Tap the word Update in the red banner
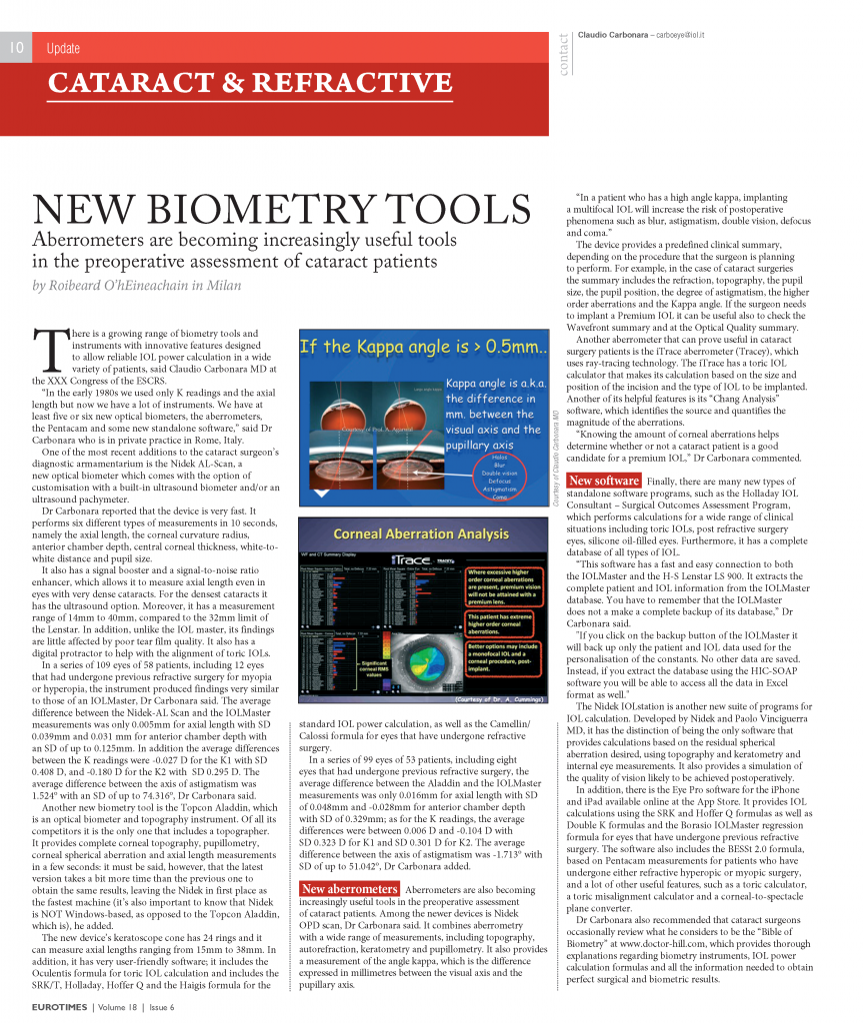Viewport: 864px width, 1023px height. (63, 49)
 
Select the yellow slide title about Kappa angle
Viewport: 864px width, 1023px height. (425, 348)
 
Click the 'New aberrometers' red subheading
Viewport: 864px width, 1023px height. (350, 889)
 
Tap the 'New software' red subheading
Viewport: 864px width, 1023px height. (603, 481)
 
